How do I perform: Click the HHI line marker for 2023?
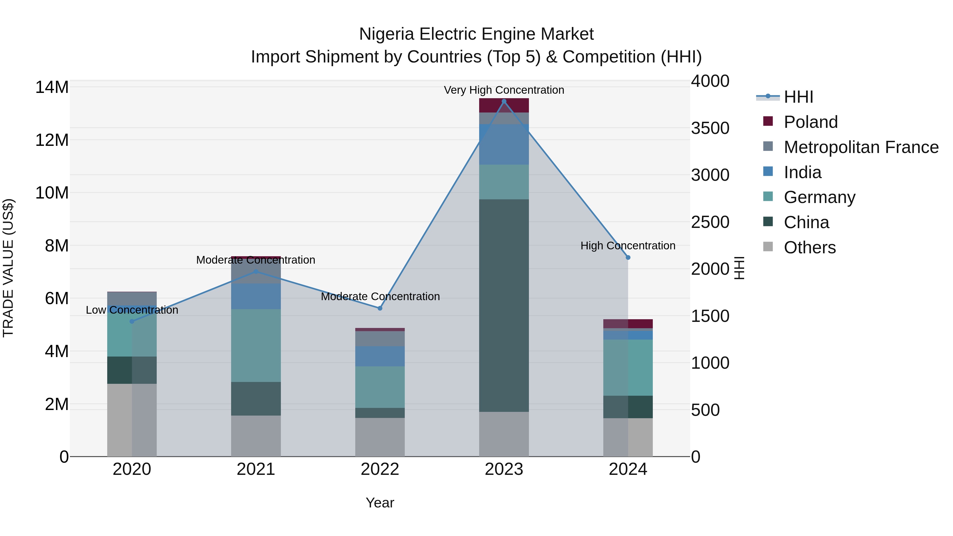coord(504,101)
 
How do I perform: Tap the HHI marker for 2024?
coord(628,258)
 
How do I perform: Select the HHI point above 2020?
coord(132,321)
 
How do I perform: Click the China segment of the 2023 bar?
coord(504,305)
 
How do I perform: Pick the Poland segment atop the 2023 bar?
coord(504,105)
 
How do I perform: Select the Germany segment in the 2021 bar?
coord(256,345)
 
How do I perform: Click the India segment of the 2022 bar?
coord(380,356)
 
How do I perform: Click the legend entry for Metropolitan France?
coord(861,147)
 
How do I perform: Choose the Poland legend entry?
coord(810,122)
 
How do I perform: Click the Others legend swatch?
coord(768,247)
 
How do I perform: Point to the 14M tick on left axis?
coord(52,87)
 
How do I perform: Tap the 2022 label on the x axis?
coord(380,469)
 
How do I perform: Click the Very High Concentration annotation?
coord(504,90)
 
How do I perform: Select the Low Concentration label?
coord(132,310)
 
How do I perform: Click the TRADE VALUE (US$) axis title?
coord(8,268)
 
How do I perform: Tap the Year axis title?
coord(380,503)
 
